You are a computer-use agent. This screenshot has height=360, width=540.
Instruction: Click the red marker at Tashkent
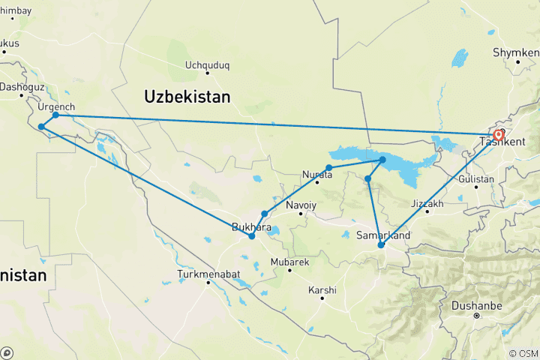[x=498, y=136]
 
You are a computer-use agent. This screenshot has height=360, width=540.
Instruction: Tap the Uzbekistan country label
[x=187, y=97]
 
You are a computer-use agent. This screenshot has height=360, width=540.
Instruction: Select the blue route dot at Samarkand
[x=381, y=245]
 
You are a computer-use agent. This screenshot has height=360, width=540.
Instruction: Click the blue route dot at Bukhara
[x=252, y=236]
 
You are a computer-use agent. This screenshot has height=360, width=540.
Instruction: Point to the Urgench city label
[x=56, y=107]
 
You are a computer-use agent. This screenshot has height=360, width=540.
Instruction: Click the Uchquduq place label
[x=207, y=65]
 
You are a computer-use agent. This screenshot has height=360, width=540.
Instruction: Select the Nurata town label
[x=317, y=172]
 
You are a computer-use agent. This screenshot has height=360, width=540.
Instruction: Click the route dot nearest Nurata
[x=328, y=168]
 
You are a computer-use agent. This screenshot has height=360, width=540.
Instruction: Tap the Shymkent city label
[x=515, y=52]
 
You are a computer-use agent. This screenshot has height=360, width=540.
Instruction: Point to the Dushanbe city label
[x=476, y=305]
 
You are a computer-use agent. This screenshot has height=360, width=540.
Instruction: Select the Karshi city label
[x=322, y=289]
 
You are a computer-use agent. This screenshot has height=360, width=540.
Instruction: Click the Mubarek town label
[x=289, y=262]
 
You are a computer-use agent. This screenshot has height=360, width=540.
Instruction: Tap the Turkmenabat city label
[x=208, y=274]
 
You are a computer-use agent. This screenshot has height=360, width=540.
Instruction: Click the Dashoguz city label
[x=21, y=87]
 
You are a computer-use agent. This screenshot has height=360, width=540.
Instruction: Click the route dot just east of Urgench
[x=56, y=115]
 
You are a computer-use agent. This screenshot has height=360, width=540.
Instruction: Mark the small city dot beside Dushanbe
[x=476, y=316]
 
